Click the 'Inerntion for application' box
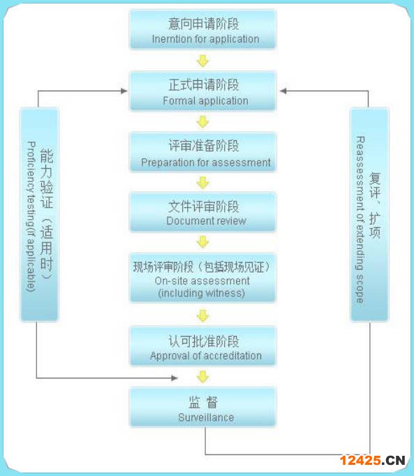click(x=202, y=29)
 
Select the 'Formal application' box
click(x=202, y=91)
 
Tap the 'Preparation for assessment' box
click(x=202, y=152)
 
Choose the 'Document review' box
click(x=202, y=212)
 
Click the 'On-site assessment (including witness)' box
click(x=202, y=277)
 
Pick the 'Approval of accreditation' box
click(x=202, y=346)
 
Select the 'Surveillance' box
click(x=202, y=407)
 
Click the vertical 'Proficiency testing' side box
click(x=39, y=215)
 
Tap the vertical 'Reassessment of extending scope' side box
click(x=369, y=215)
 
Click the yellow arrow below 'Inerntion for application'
click(x=202, y=61)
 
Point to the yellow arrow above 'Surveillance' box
click(x=202, y=377)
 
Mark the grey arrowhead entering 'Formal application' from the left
click(x=124, y=91)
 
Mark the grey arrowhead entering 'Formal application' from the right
click(x=283, y=91)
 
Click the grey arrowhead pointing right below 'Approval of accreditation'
click(x=175, y=378)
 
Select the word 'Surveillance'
click(x=206, y=417)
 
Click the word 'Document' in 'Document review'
click(x=186, y=221)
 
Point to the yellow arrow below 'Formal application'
click(x=202, y=122)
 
